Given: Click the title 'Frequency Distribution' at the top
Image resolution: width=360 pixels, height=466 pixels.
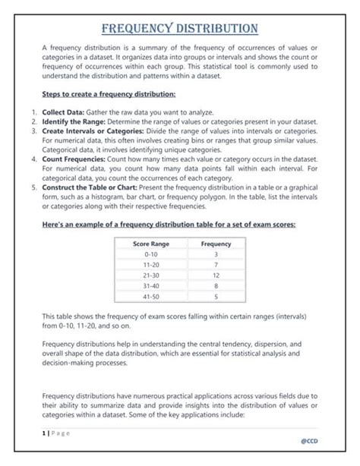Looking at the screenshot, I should tap(180, 29).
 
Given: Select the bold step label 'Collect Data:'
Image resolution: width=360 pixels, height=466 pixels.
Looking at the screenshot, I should tap(62, 111).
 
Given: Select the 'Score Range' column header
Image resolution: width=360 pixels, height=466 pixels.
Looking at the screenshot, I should tap(150, 244).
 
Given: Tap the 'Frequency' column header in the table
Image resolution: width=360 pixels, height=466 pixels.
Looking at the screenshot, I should tap(216, 244).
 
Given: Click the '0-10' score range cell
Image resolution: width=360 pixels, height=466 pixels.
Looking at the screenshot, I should tap(150, 254).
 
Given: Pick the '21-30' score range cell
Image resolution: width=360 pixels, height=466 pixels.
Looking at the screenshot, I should tap(150, 276).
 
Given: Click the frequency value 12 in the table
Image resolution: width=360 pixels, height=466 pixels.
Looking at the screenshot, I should tap(216, 276).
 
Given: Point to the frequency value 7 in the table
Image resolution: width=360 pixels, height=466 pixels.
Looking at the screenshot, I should tap(216, 265).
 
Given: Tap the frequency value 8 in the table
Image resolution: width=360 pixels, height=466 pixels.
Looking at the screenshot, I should tap(216, 286).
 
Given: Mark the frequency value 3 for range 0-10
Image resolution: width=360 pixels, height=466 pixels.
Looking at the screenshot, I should tap(216, 254).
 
